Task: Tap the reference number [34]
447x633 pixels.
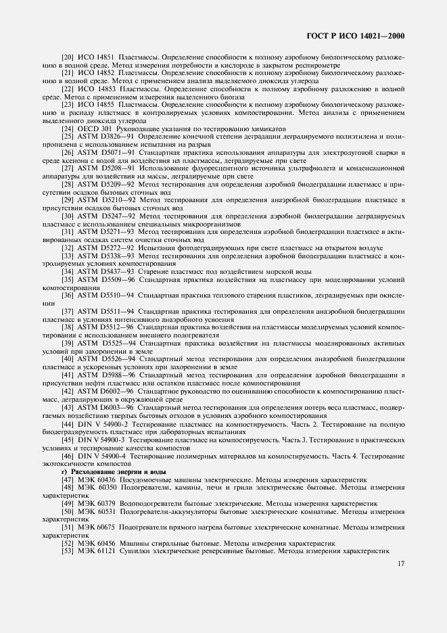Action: pyautogui.click(x=68, y=271)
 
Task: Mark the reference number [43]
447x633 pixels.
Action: pyautogui.click(x=68, y=408)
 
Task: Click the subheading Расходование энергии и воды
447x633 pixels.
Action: pyautogui.click(x=112, y=471)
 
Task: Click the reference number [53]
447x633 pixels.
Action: pyautogui.click(x=68, y=551)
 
